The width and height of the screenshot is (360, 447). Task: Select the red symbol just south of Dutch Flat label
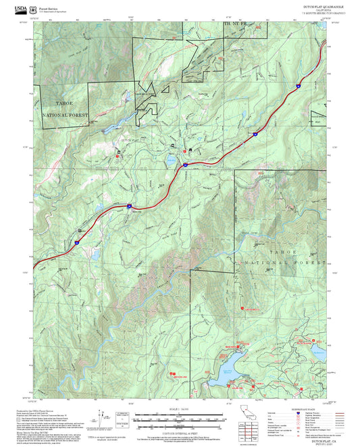[120, 155]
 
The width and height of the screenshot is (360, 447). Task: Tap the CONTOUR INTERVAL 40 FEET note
[179, 429]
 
